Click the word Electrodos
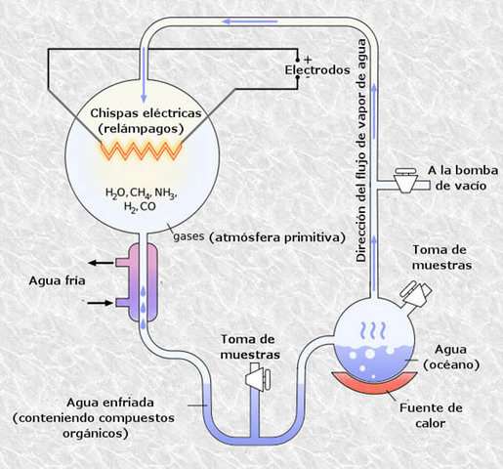point(316,71)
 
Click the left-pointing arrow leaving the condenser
point(99,262)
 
